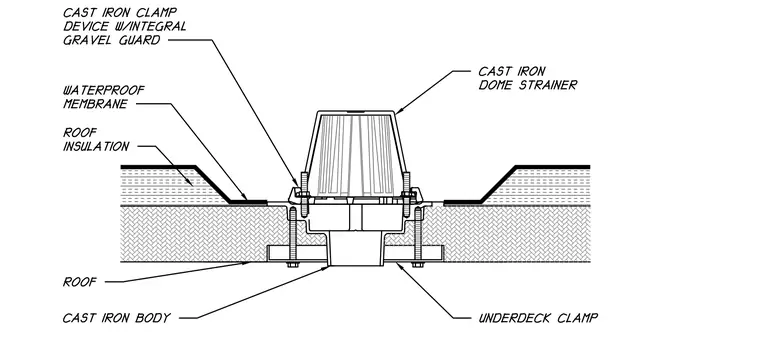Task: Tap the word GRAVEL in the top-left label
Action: pyautogui.click(x=86, y=40)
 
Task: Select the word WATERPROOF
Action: pyautogui.click(x=104, y=91)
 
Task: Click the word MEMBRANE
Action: pyautogui.click(x=95, y=104)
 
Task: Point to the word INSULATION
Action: pyautogui.click(x=96, y=146)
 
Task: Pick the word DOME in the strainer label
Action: pyautogui.click(x=497, y=85)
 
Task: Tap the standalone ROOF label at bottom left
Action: pyautogui.click(x=80, y=282)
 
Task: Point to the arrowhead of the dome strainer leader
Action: pyautogui.click(x=399, y=112)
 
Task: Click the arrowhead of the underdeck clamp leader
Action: pyautogui.click(x=398, y=265)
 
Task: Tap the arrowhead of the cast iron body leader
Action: pyautogui.click(x=327, y=268)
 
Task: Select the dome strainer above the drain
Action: pyautogui.click(x=355, y=155)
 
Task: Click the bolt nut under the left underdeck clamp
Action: pyautogui.click(x=292, y=265)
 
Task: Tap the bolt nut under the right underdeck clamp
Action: pyautogui.click(x=418, y=265)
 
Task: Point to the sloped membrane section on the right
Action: pyautogui.click(x=498, y=184)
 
